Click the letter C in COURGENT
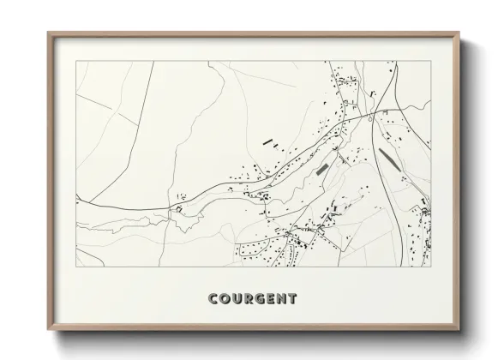pyautogui.click(x=213, y=299)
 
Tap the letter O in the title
pyautogui.click(x=225, y=299)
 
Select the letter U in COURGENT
pyautogui.click(x=237, y=299)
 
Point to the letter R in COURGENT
pyautogui.click(x=249, y=299)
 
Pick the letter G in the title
pyautogui.click(x=261, y=299)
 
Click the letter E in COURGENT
pyautogui.click(x=272, y=299)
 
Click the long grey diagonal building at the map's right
pyautogui.click(x=387, y=159)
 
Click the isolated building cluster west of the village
pyautogui.click(x=179, y=208)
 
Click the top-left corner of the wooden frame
pyautogui.click(x=47, y=33)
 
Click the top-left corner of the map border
pyautogui.click(x=76, y=62)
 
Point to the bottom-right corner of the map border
pyautogui.click(x=430, y=267)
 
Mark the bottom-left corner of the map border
pyautogui.click(x=76, y=267)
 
